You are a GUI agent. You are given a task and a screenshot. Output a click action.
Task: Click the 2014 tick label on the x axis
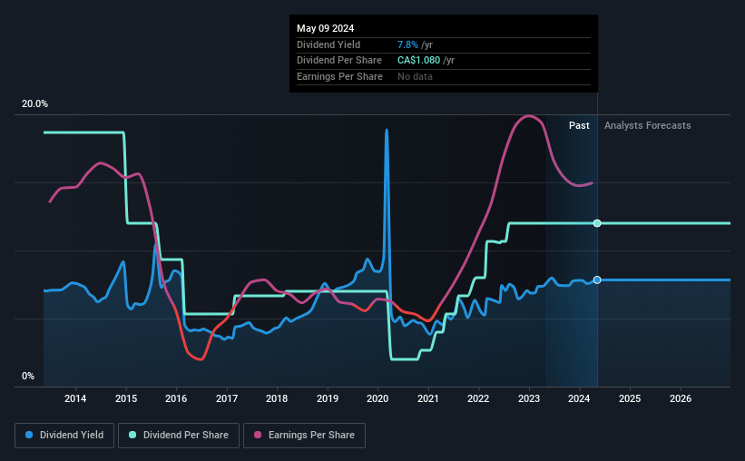(x=75, y=398)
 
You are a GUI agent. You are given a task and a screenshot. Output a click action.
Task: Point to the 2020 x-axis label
(x=377, y=398)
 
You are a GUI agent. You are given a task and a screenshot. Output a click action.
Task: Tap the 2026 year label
(x=681, y=398)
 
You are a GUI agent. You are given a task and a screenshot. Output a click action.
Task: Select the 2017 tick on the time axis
(x=227, y=398)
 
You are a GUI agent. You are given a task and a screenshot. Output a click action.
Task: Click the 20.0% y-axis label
(x=34, y=104)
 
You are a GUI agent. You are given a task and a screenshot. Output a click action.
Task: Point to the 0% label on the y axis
(x=28, y=376)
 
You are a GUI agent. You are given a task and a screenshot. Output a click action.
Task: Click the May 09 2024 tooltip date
(x=324, y=27)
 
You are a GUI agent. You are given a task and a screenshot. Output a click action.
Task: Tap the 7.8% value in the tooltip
(x=407, y=44)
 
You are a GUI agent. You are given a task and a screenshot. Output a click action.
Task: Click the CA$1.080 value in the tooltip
(x=419, y=60)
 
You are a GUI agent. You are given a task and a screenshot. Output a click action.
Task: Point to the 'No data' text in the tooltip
(x=415, y=76)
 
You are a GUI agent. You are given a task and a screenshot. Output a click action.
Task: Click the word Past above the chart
(x=579, y=125)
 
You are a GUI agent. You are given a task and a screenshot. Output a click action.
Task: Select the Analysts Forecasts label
(x=647, y=125)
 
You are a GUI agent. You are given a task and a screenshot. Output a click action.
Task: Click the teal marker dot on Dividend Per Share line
(x=597, y=223)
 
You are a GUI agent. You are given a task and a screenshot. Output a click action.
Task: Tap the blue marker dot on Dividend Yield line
(x=597, y=280)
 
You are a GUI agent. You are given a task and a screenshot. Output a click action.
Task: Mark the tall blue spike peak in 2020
(x=387, y=130)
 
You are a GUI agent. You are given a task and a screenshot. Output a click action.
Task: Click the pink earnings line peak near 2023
(x=527, y=115)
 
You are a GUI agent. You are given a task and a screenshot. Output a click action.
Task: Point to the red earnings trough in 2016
(x=200, y=359)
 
